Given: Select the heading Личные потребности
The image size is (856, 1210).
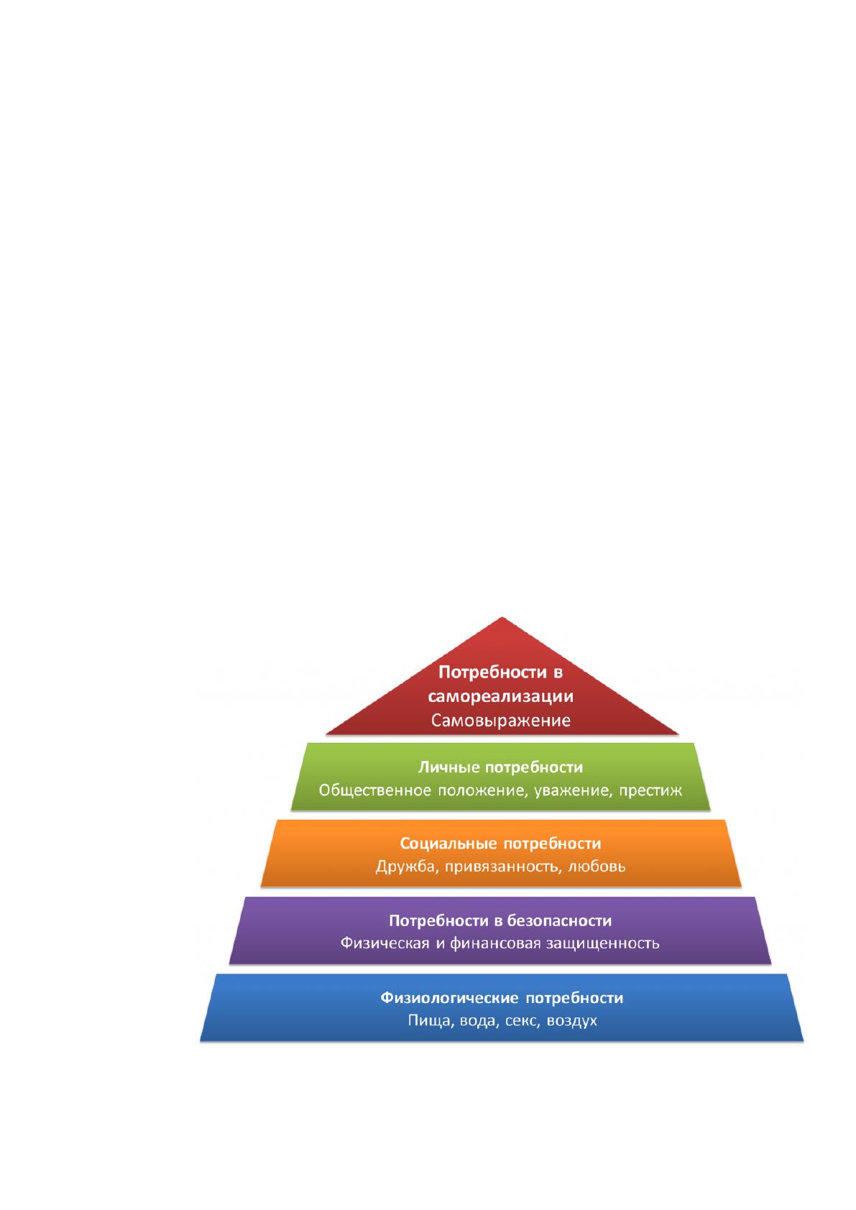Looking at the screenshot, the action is click(x=500, y=767).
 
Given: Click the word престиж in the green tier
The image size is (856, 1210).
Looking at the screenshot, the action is click(x=650, y=791).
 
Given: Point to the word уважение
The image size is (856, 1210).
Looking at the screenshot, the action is click(x=574, y=791).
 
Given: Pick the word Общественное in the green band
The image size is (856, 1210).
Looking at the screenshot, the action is click(x=374, y=790).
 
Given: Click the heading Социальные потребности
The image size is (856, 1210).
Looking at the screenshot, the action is click(x=500, y=844).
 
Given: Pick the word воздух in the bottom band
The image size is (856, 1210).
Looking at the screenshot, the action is click(x=572, y=1021).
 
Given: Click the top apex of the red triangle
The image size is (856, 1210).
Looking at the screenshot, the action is click(x=502, y=617).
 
